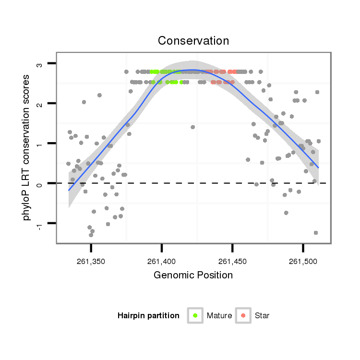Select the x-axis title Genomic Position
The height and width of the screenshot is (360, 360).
193,275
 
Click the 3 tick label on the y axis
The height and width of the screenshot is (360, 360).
40,64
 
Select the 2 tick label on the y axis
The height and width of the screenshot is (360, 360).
40,104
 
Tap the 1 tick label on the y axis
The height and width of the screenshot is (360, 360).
40,144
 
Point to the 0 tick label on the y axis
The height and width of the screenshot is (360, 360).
40,183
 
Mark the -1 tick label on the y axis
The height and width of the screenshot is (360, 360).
40,224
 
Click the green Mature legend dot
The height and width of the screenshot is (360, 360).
195,315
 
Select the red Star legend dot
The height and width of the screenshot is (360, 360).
243,315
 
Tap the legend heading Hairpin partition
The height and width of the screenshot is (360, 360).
148,316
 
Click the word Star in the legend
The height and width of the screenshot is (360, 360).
262,316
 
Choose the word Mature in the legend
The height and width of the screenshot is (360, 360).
219,316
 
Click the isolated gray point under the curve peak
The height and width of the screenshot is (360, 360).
192,127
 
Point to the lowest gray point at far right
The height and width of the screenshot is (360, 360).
316,233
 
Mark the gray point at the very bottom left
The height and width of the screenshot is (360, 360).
91,235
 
